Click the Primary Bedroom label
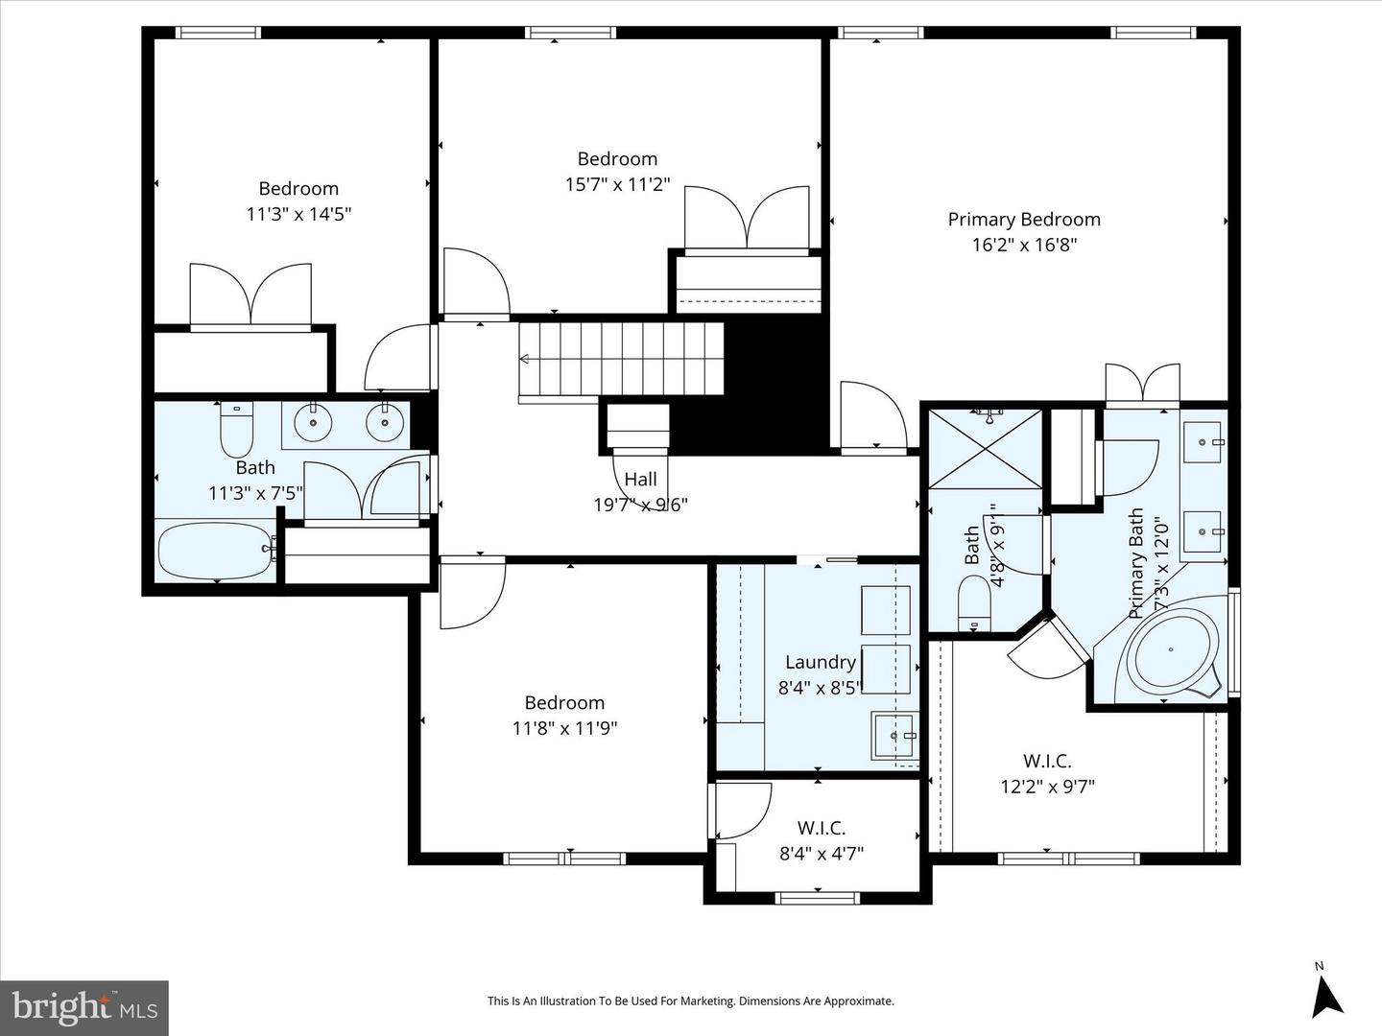pos(1024,220)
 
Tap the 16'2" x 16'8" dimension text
pos(1024,245)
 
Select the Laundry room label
pos(820,662)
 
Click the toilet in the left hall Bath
pos(236,430)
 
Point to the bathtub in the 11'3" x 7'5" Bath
pos(215,551)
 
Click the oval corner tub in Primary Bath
pos(1171,650)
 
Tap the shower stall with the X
pos(985,448)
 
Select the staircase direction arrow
pos(525,360)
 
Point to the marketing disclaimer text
pos(690,1001)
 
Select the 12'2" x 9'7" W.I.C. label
pos(1047,774)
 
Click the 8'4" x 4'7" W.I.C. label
pos(821,840)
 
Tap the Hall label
pos(640,480)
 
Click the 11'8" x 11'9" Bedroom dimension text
pos(564,728)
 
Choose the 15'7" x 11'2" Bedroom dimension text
pos(617,184)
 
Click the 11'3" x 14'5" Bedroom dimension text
pos(298,214)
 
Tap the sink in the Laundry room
pos(894,736)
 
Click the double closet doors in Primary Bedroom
pos(1142,384)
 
